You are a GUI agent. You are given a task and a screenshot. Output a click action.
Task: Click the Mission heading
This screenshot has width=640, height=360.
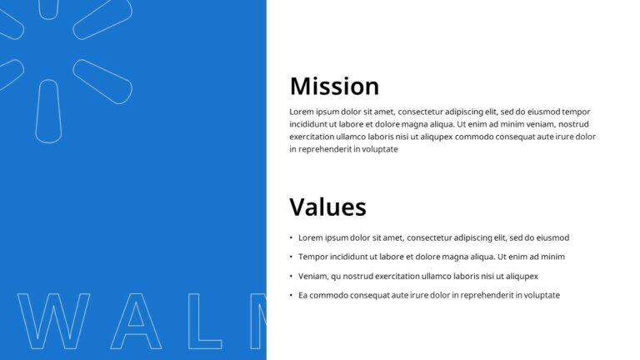click(334, 87)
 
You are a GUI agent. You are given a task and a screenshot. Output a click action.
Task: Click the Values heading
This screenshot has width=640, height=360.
click(327, 207)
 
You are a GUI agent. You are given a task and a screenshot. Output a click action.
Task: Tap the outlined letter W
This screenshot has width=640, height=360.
click(54, 321)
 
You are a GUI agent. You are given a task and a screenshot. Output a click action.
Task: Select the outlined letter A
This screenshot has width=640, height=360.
click(136, 321)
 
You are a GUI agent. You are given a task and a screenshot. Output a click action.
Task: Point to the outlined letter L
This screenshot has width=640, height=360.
click(205, 321)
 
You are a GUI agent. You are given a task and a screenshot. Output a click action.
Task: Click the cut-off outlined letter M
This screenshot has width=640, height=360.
click(258, 321)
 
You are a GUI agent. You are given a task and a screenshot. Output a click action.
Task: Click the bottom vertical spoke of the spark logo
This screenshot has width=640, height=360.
click(48, 111)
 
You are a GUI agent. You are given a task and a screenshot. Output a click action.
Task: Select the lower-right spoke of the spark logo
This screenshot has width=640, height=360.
click(102, 81)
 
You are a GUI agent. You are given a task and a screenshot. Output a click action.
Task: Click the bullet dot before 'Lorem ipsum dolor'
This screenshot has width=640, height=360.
click(291, 238)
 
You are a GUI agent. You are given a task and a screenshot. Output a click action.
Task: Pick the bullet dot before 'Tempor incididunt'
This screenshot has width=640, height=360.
click(291, 257)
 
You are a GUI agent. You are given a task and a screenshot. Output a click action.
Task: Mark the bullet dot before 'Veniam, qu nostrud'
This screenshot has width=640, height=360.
click(291, 277)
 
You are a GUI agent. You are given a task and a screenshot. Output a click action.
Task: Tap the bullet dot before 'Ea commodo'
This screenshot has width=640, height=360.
click(291, 296)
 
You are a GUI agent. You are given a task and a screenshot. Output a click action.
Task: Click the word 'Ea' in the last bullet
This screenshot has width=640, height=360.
click(303, 295)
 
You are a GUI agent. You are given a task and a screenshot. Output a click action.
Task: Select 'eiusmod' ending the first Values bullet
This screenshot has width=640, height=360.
click(552, 237)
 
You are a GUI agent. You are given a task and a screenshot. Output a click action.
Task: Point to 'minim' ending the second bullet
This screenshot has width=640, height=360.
click(552, 257)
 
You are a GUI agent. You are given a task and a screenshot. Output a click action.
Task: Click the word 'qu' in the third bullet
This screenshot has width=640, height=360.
click(336, 277)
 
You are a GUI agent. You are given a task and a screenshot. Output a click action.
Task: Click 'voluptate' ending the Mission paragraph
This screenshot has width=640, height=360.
click(379, 149)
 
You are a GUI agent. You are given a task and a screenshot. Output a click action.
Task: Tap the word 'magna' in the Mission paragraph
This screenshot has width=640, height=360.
click(414, 124)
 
